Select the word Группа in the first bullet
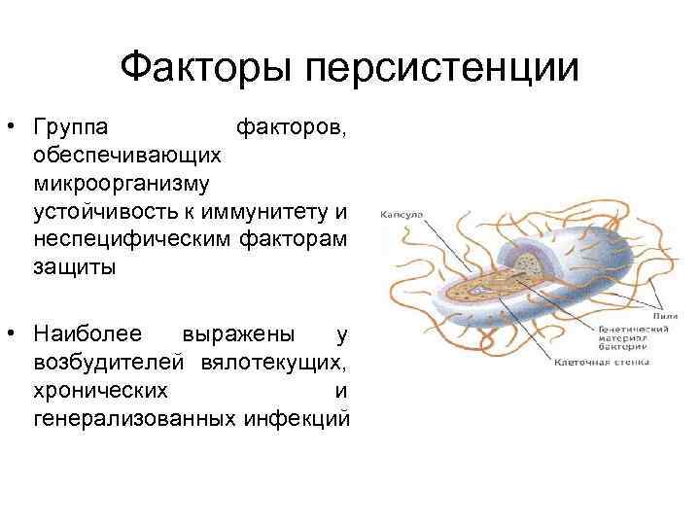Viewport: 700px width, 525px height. point(71,127)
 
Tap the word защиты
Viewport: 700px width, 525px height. point(73,266)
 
